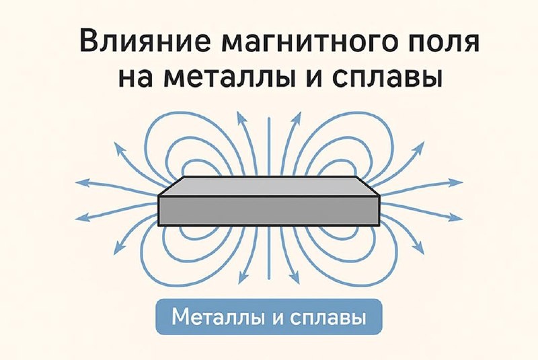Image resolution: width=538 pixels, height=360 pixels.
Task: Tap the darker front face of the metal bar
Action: coord(269,211)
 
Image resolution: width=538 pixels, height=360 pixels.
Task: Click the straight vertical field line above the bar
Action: coord(269,145)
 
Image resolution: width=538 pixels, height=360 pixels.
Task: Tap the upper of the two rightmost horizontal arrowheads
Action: coord(458,182)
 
